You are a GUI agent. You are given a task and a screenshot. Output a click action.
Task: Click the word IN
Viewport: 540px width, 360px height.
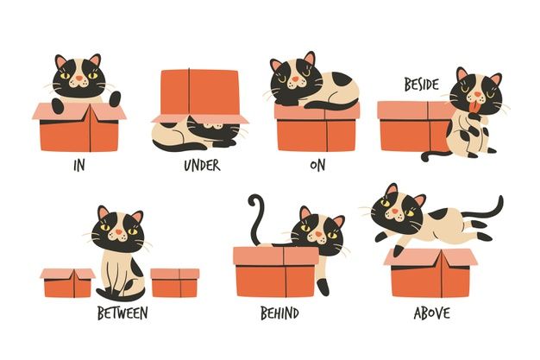click(79, 166)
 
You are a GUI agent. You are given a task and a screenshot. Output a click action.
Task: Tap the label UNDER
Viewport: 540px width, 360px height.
click(202, 166)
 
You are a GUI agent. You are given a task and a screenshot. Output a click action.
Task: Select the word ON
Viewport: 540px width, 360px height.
click(317, 166)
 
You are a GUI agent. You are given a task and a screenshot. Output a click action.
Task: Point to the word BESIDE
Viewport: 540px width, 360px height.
click(422, 85)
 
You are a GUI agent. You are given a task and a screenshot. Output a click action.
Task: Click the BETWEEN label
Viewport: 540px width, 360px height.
click(122, 313)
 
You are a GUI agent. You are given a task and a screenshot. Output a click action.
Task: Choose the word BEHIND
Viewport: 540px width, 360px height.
click(279, 313)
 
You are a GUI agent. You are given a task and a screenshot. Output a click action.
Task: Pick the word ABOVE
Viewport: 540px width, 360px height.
click(432, 313)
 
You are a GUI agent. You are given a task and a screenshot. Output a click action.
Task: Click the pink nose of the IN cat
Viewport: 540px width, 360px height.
click(79, 79)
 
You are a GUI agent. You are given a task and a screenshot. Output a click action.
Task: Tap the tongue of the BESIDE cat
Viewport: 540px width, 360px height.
click(475, 108)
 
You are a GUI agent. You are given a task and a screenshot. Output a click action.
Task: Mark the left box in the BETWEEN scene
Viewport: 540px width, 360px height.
click(67, 283)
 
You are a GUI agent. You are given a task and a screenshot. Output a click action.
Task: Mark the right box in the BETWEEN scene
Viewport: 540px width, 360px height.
click(175, 283)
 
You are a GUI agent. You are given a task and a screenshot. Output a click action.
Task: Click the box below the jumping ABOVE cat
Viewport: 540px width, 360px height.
click(430, 273)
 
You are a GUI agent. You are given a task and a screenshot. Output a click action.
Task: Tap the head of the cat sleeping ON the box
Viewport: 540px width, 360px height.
click(293, 78)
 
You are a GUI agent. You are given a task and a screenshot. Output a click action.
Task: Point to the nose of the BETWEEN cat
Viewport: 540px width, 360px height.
click(119, 231)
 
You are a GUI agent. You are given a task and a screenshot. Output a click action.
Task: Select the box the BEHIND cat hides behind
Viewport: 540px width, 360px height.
click(276, 272)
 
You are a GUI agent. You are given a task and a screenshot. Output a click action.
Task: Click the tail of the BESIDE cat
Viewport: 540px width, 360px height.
click(435, 156)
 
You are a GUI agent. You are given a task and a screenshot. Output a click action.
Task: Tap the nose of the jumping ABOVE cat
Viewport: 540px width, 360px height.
click(395, 211)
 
